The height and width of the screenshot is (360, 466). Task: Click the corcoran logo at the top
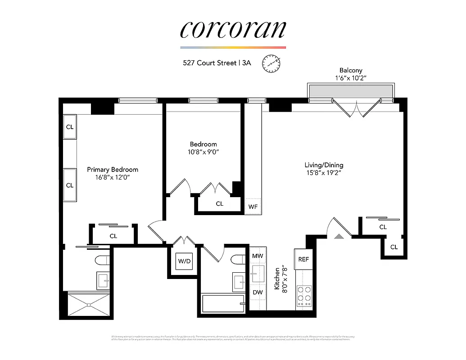coord(233,29)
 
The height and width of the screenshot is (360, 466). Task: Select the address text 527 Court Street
coord(210,63)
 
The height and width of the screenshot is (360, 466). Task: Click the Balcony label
coord(350,70)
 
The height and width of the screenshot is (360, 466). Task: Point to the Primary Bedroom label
coord(113,170)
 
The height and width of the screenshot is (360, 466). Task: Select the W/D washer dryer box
coord(184,261)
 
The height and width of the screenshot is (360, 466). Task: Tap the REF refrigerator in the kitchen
coord(304,260)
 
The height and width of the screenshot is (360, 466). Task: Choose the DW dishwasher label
coord(258,292)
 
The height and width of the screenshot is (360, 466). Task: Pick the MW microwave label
coord(258,256)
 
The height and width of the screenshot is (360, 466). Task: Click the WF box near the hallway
coord(253,207)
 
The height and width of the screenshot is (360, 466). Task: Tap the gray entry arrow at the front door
coord(339,235)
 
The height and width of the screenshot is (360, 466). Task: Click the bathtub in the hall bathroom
coord(223,303)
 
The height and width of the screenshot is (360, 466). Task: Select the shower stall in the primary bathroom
coord(88,305)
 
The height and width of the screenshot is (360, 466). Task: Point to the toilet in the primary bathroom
coord(102,260)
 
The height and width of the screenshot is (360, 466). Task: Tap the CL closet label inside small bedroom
coord(219,204)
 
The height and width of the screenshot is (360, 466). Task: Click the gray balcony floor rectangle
coord(350,91)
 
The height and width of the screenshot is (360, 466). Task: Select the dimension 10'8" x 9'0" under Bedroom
coord(203,152)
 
